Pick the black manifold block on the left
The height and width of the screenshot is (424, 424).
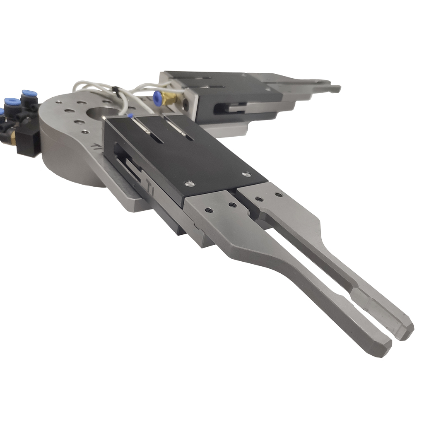coord(28,141)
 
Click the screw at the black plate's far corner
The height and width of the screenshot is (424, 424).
coord(246,174)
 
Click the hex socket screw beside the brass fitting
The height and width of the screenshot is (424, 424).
coord(185,104)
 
